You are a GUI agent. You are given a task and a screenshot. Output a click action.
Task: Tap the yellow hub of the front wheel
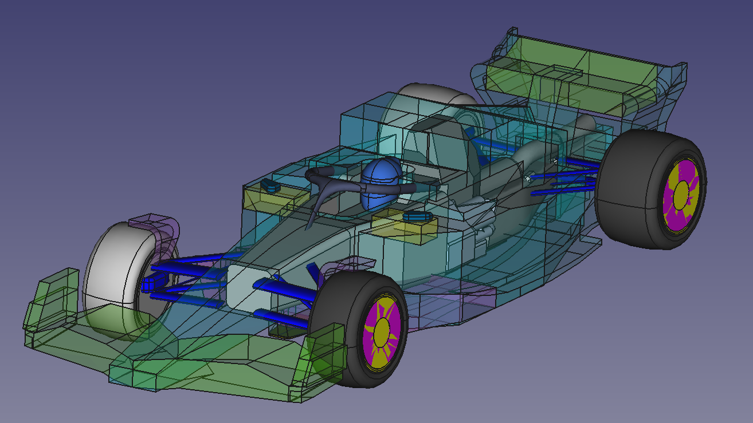381,331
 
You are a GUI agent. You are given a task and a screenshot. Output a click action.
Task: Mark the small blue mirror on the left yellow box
269,185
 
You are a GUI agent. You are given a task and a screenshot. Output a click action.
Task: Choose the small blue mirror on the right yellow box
417,216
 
